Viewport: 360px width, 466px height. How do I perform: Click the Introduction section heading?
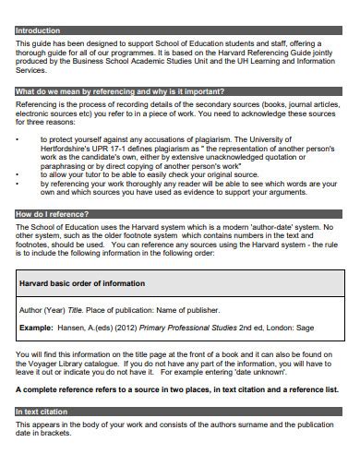click(x=38, y=30)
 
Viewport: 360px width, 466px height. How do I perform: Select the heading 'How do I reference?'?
click(x=50, y=213)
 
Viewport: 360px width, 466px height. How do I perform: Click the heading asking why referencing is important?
click(x=119, y=92)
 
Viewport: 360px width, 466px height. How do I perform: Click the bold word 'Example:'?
click(x=36, y=327)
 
